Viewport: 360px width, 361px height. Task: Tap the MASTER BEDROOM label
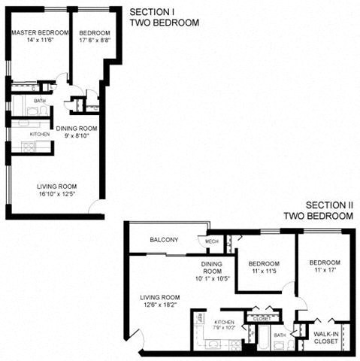tap(40, 33)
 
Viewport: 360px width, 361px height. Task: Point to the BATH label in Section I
tap(39, 100)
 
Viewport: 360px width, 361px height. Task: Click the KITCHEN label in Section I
tap(40, 134)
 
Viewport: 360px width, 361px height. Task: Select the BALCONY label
tap(164, 240)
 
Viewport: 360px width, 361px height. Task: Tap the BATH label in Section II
tap(280, 335)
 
